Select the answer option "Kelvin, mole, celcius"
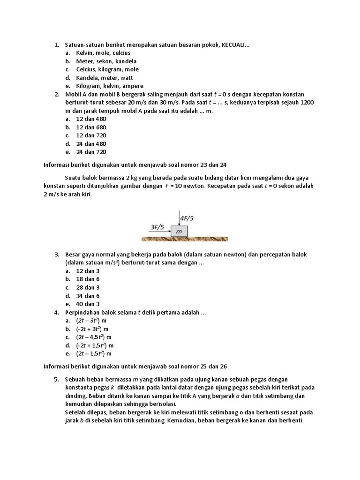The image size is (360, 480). pyautogui.click(x=97, y=53)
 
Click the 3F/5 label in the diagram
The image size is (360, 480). pyautogui.click(x=157, y=227)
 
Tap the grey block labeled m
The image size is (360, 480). pyautogui.click(x=179, y=232)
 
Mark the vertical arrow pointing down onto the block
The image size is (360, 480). pyautogui.click(x=179, y=218)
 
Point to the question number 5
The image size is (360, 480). pyautogui.click(x=56, y=379)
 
